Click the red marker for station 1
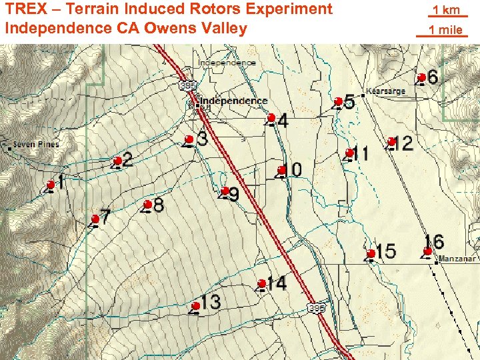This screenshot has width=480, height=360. tap(51, 185)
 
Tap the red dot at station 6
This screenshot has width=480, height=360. tap(422, 77)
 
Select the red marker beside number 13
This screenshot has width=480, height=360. tap(196, 306)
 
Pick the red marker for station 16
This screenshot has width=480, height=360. tap(428, 251)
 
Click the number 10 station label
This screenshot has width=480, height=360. tap(293, 169)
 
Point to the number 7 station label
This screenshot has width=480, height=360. tap(105, 217)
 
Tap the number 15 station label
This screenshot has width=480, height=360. tap(385, 251)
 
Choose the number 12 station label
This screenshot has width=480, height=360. tap(403, 143)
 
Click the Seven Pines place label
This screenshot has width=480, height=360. tap(36, 144)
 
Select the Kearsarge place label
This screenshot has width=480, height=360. tap(386, 91)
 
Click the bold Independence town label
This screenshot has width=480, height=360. tap(233, 101)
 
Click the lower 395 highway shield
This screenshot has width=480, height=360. tap(317, 308)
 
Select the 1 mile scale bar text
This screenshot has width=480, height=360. tap(445, 29)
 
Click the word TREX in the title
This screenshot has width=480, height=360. tap(27, 9)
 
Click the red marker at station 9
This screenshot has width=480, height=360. tap(225, 191)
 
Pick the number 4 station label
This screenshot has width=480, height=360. tap(283, 121)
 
